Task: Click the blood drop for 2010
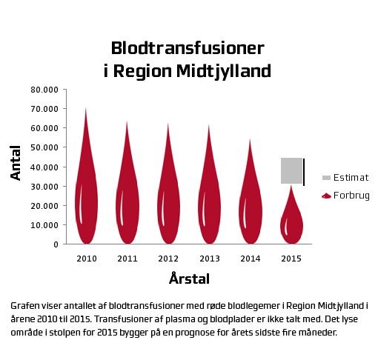(87, 198)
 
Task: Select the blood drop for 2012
(169, 202)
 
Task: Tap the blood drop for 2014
(251, 210)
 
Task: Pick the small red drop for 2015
(291, 222)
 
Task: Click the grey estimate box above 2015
(291, 170)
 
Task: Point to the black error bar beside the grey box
(304, 172)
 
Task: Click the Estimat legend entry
(345, 178)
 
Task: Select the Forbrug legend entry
(345, 196)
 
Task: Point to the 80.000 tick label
(44, 90)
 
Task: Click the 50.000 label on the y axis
(44, 147)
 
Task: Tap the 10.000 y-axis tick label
(44, 225)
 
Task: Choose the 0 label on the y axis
(56, 244)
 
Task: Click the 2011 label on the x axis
(127, 259)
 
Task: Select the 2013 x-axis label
(210, 259)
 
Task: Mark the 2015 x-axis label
(291, 259)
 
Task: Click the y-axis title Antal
(16, 163)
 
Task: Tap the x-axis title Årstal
(190, 279)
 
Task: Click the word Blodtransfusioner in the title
(188, 48)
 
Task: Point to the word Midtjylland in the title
(224, 72)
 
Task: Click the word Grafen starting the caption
(25, 306)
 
